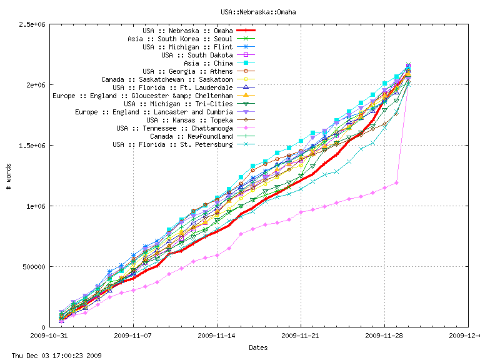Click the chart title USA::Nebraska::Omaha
(258, 12)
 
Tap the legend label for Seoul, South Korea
(180, 39)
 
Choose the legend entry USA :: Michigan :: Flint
(187, 47)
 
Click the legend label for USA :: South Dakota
(197, 55)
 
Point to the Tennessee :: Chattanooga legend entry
(174, 128)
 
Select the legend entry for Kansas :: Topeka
(189, 120)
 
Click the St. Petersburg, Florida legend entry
(172, 144)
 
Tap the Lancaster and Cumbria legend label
(154, 112)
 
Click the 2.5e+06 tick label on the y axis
(32, 24)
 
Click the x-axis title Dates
(258, 347)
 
